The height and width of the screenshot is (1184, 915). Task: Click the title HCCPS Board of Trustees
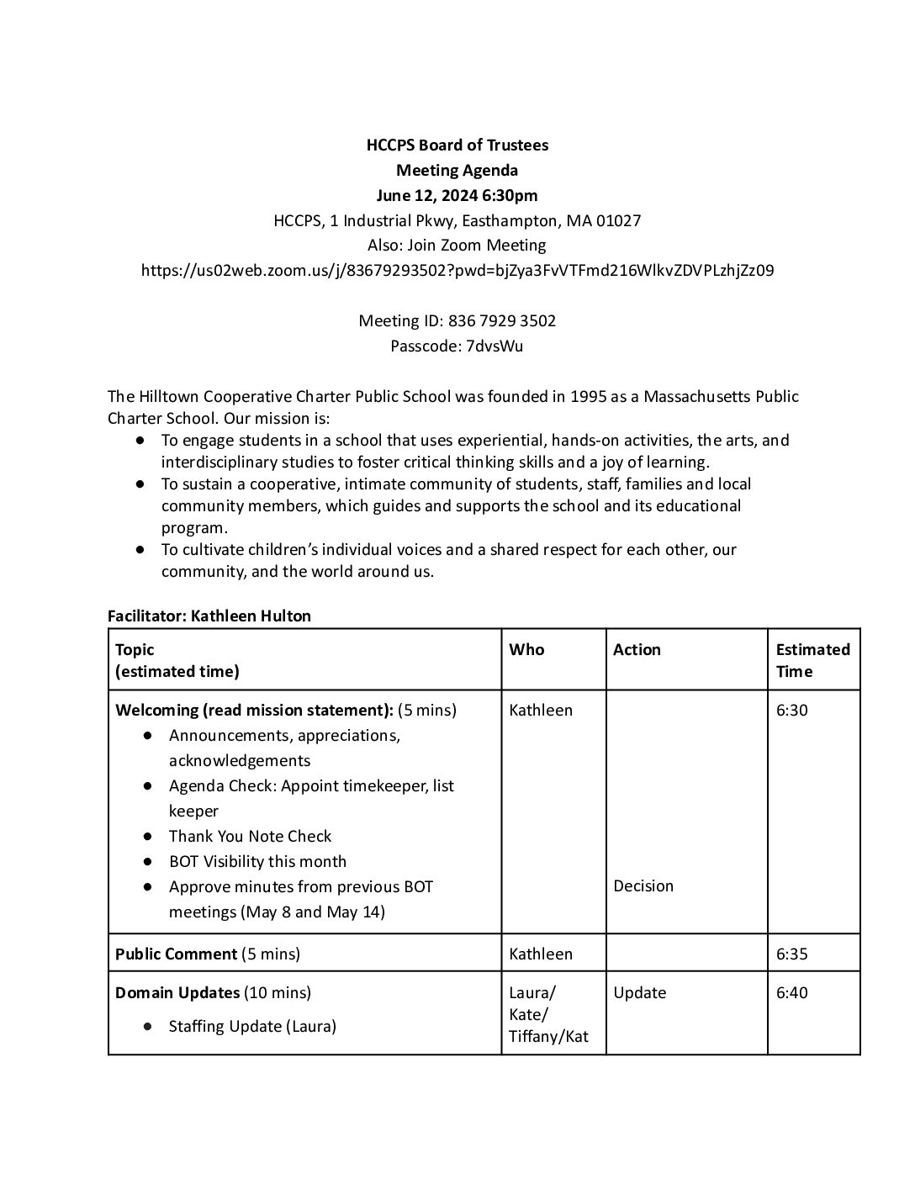click(x=457, y=145)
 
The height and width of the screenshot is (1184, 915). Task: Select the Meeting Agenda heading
click(x=457, y=170)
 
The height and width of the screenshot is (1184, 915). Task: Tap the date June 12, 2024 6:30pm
click(x=457, y=195)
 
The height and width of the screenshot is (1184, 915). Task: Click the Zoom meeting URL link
click(x=457, y=270)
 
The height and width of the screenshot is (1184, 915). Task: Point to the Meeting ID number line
click(x=457, y=320)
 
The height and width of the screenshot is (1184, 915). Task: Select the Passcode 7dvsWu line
click(x=457, y=346)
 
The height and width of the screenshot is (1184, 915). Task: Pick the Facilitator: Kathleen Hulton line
click(x=209, y=616)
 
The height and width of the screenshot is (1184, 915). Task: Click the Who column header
click(x=526, y=649)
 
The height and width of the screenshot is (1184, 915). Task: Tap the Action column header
click(x=637, y=649)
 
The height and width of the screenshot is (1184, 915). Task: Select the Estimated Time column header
click(x=812, y=660)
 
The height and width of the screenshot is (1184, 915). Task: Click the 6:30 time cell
click(x=791, y=710)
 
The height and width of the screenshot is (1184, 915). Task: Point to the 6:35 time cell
click(x=791, y=954)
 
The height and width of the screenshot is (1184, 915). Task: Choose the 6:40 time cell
click(x=791, y=992)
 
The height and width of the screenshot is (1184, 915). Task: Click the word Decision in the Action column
click(x=643, y=885)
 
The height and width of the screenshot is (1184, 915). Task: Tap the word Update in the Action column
click(x=639, y=992)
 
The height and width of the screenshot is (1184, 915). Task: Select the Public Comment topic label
click(x=176, y=954)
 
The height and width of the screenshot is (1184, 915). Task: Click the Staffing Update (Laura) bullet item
click(x=252, y=1026)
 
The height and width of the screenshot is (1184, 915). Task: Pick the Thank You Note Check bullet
click(x=250, y=836)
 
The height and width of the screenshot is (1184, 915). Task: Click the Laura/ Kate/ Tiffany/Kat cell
click(x=548, y=1014)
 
